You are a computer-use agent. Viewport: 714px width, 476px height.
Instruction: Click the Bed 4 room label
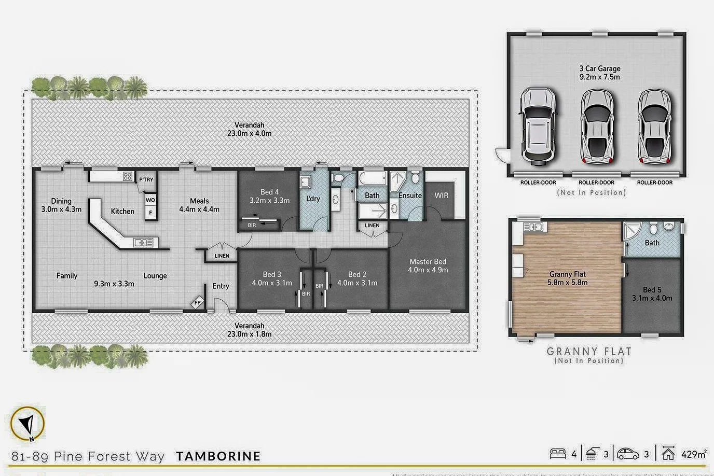coord(269,192)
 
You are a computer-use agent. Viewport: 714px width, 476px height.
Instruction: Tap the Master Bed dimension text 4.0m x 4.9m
coord(428,270)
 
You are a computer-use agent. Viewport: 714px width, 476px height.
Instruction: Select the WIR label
coord(442,195)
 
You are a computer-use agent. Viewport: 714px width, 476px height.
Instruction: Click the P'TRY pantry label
coord(146,180)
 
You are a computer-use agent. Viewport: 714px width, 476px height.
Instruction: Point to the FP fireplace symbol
coord(198,303)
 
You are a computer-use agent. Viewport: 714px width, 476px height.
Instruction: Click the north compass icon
coord(28,424)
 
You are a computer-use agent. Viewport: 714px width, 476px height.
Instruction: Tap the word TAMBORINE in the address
coord(218,456)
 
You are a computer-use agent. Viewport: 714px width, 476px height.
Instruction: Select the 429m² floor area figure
coord(694,454)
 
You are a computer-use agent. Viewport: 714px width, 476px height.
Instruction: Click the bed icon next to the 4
coord(558,454)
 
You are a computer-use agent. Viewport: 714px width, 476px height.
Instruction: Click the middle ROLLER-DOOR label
coord(596,183)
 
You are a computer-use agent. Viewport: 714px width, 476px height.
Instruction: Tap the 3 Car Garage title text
coord(600,68)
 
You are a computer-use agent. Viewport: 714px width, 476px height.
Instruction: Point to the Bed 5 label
coord(652,290)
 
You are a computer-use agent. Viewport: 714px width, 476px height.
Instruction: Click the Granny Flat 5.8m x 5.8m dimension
coord(567,283)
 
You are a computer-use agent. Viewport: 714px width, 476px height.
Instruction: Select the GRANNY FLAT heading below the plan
coord(589,352)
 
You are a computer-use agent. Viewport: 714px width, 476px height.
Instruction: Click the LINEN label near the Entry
coord(222,256)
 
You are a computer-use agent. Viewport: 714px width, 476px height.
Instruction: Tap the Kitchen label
coord(122,211)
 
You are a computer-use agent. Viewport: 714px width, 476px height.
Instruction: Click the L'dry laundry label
coord(313,199)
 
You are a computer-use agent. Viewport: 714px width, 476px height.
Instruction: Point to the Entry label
coord(221,286)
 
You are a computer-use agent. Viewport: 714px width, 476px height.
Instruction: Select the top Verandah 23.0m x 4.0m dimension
coord(249,133)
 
